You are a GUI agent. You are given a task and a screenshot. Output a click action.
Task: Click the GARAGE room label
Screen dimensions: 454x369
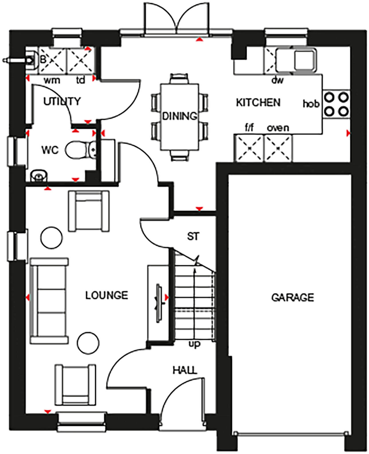[293, 298]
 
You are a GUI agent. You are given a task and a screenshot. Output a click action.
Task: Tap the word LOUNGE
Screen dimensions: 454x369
[107, 295]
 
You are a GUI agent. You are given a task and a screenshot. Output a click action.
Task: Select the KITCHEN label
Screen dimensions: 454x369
[258, 102]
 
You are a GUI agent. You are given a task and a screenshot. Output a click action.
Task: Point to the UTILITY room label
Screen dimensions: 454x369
[62, 101]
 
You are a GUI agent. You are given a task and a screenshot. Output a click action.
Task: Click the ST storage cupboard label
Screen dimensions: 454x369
[193, 236]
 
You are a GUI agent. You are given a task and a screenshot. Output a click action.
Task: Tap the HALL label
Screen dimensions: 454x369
[185, 370]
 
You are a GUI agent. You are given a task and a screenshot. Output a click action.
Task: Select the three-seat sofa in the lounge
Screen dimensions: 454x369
[49, 301]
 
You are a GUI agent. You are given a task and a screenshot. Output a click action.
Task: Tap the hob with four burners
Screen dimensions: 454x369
[337, 104]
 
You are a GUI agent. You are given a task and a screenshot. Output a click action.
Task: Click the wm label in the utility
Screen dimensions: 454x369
[52, 81]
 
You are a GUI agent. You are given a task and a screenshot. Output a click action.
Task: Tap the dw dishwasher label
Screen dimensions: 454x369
[277, 81]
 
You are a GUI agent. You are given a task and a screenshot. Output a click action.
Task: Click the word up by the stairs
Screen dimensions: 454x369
[194, 344]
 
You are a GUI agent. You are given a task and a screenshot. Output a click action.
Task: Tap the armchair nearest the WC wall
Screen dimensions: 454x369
[89, 212]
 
